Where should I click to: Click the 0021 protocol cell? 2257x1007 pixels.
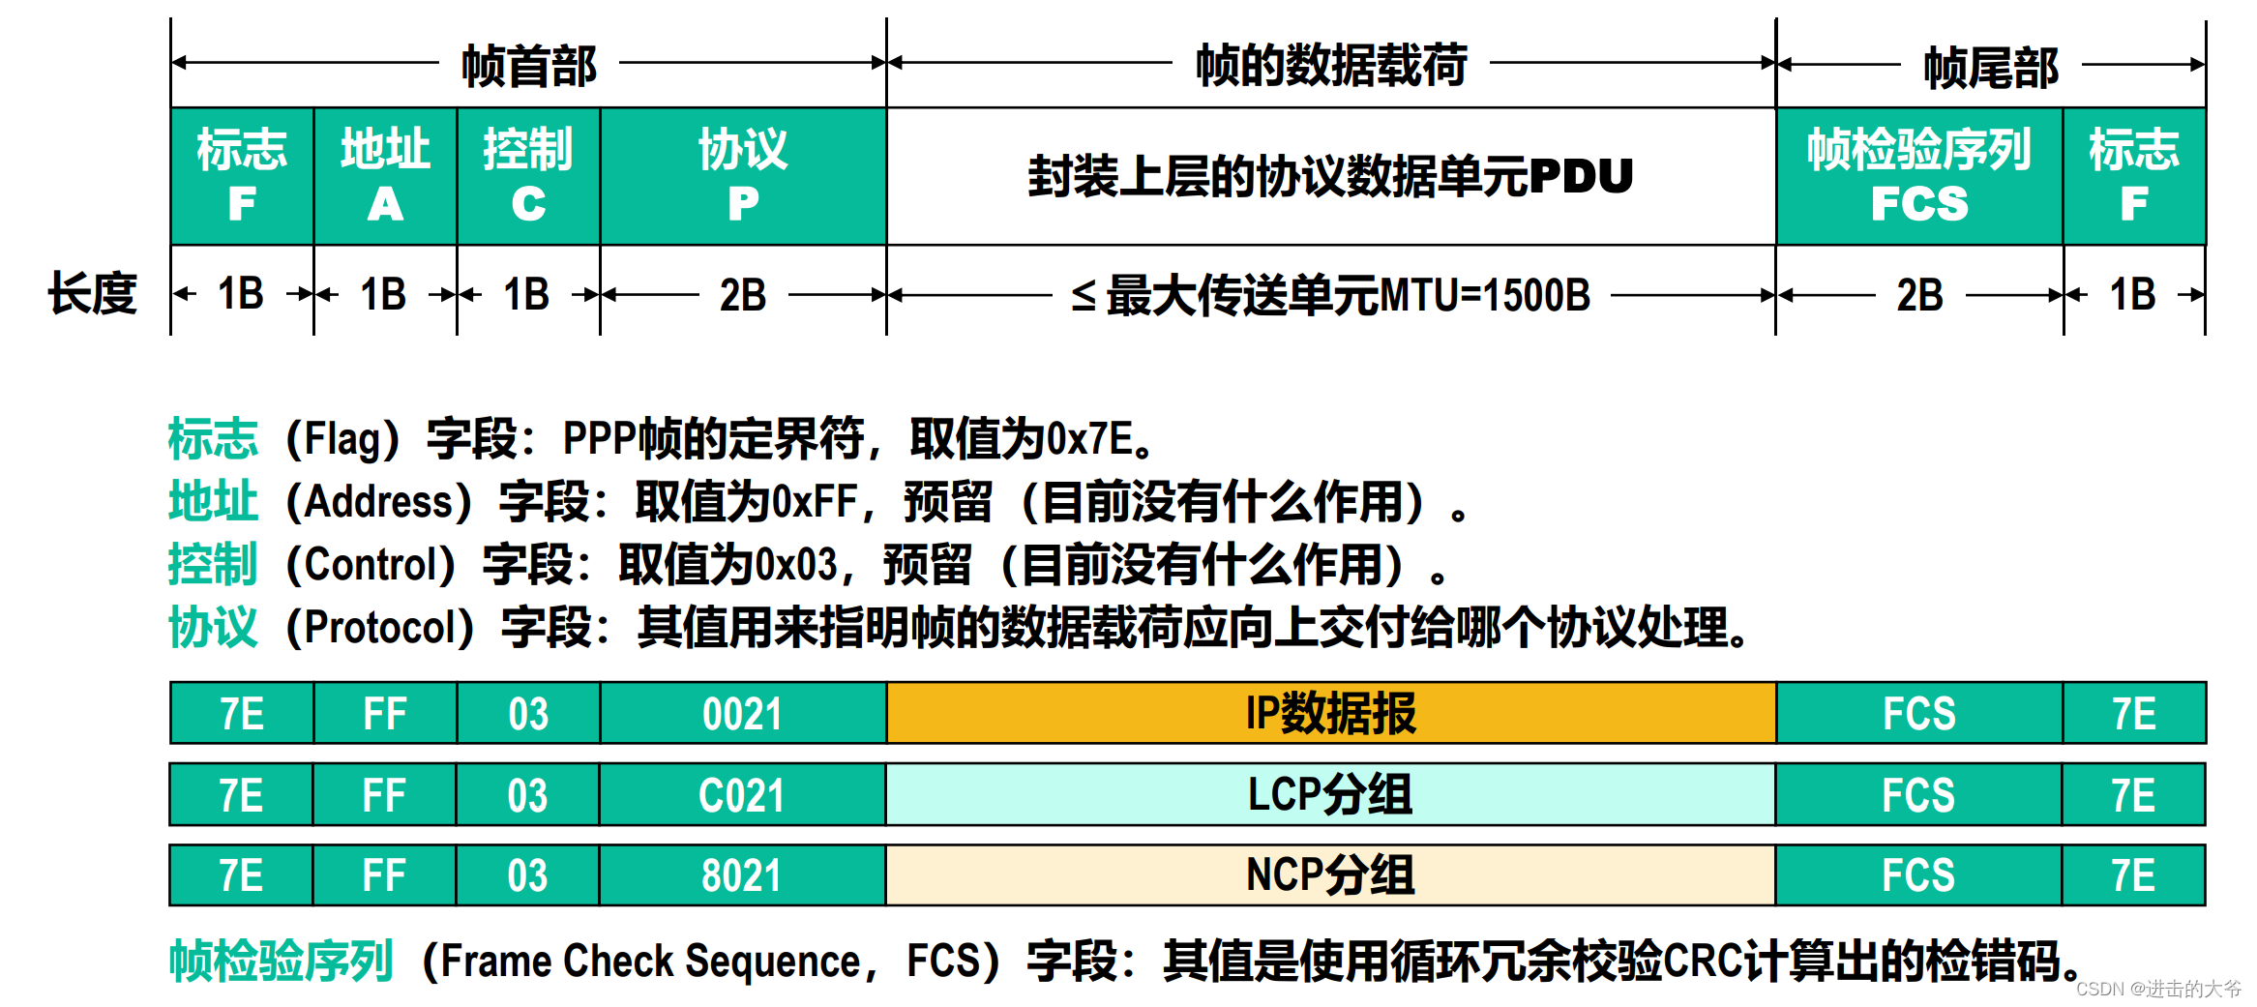coord(742,714)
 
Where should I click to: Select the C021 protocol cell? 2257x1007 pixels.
coord(742,795)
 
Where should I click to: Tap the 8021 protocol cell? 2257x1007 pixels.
coord(742,875)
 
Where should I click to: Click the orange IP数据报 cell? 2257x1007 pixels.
coord(1330,714)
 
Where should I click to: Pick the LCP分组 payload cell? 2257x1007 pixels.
coord(1330,795)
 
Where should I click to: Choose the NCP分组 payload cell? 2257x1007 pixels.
coord(1330,875)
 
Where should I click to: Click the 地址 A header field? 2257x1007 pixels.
coord(385,176)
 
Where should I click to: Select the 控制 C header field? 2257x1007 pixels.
coord(528,176)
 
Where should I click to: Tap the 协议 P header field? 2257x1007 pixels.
coord(743,176)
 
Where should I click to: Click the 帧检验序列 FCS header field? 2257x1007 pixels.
coord(1919,176)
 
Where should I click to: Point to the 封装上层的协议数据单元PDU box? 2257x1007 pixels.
coord(1330,176)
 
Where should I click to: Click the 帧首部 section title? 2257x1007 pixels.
coord(529,66)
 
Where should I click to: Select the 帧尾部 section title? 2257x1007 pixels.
coord(1991,68)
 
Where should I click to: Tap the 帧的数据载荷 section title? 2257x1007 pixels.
coord(1331,66)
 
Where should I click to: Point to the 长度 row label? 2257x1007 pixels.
coord(93,294)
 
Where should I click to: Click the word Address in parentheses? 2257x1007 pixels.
coord(379,502)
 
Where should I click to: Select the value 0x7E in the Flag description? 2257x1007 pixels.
coord(1090,439)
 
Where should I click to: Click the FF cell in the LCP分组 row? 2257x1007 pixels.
coord(384,795)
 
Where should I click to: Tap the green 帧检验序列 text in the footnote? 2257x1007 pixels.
coord(281,962)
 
